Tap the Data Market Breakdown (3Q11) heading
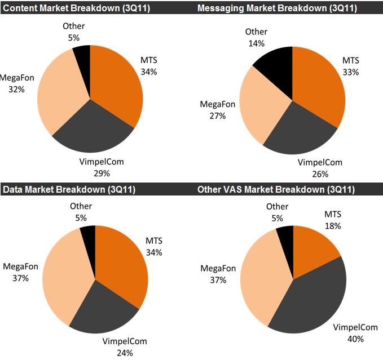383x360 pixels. coord(69,189)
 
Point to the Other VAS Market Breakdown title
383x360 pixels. coord(276,189)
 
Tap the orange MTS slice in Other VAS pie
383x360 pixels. coord(313,248)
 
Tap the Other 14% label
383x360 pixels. coord(257,37)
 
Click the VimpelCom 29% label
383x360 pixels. coord(102,167)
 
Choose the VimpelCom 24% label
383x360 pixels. coord(125,347)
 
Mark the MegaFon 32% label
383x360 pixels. coord(16,83)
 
